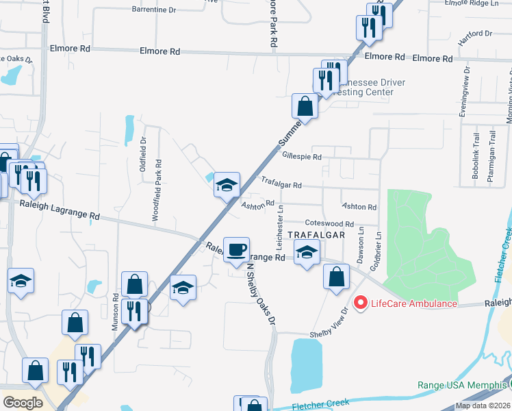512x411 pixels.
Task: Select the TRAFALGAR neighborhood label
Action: click(x=316, y=234)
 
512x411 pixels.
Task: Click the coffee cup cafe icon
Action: click(x=237, y=249)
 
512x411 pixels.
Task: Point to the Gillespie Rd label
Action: click(x=301, y=156)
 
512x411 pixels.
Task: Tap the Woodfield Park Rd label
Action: click(x=158, y=190)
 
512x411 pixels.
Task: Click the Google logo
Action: click(x=23, y=403)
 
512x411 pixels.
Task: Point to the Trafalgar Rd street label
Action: click(x=281, y=184)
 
